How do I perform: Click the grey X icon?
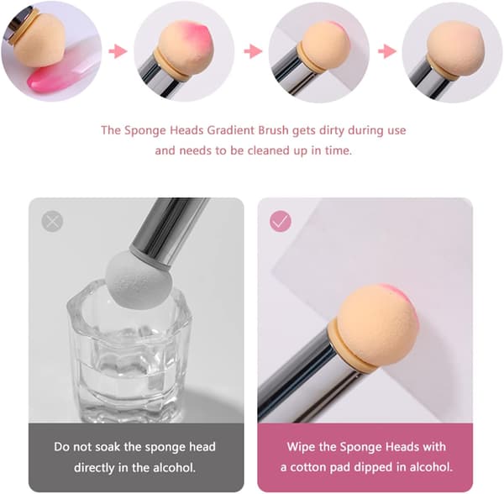point(52,221)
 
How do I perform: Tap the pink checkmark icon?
point(281,221)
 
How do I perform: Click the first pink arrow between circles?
point(118,51)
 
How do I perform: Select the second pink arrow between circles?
point(253,51)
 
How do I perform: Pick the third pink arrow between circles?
point(387,51)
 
